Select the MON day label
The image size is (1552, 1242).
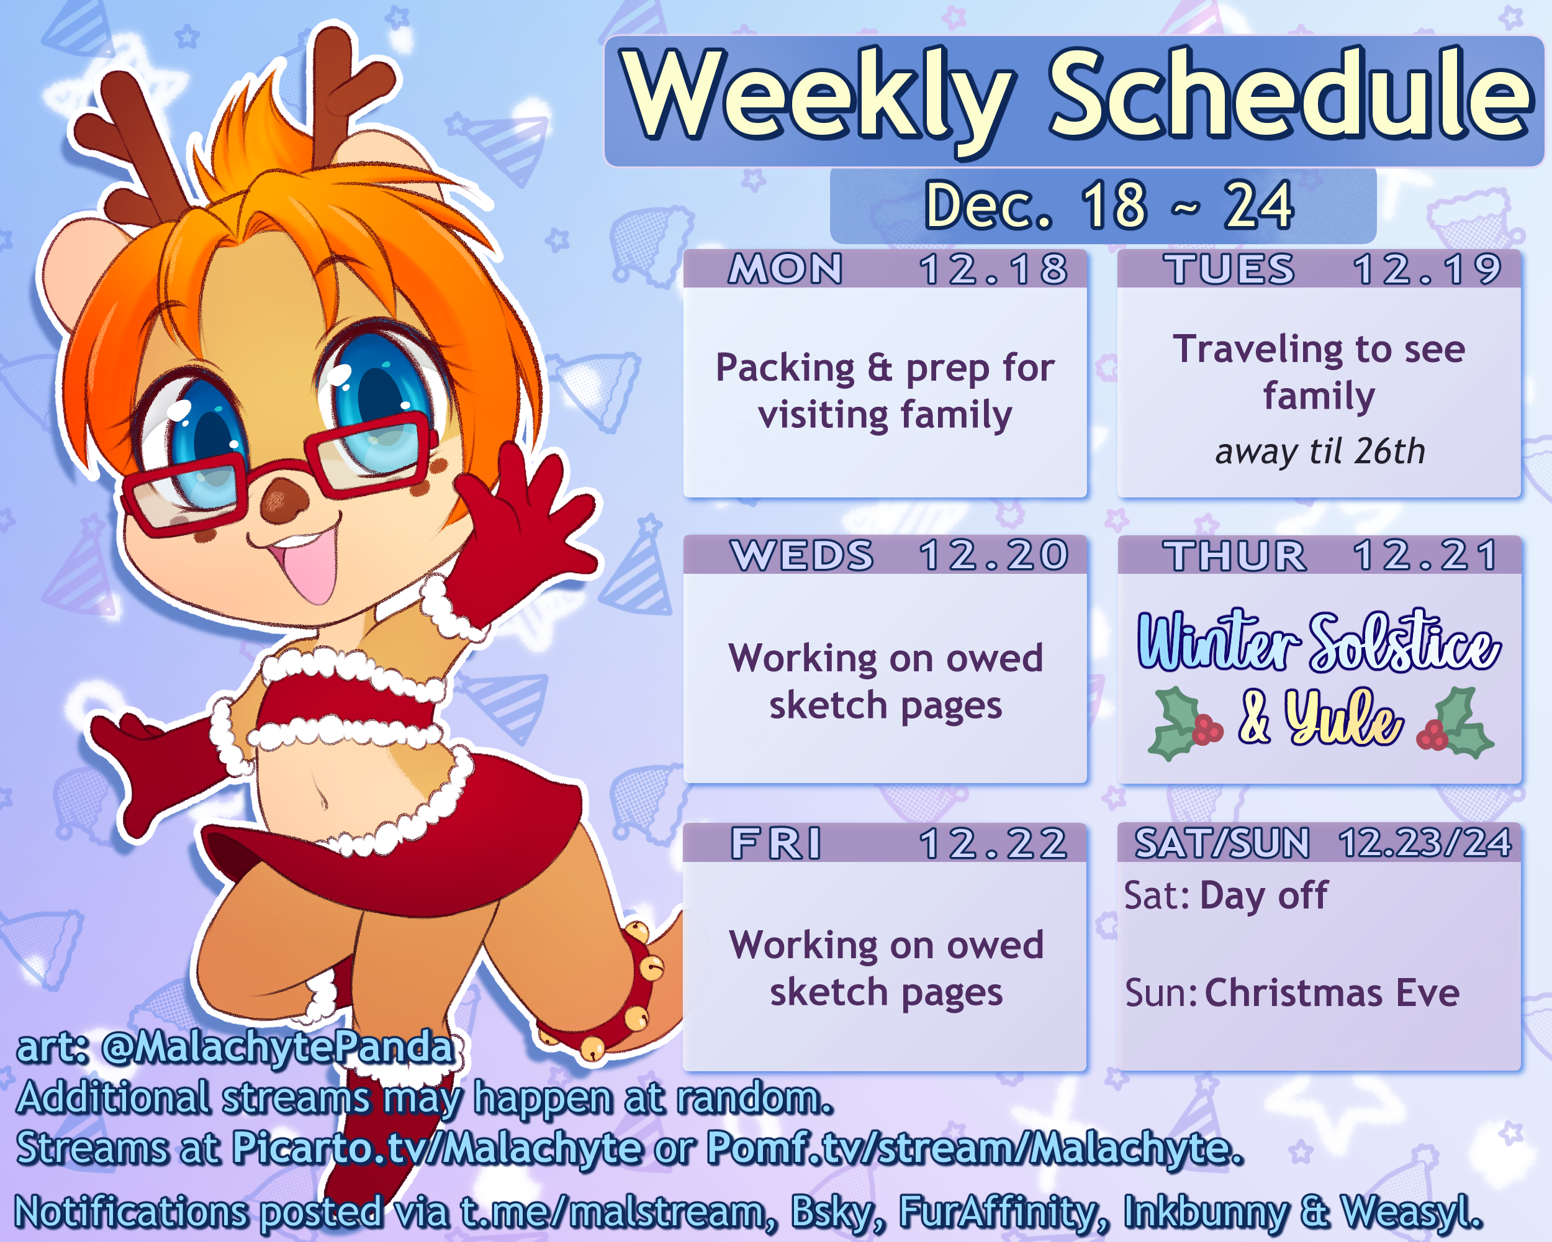[x=785, y=270]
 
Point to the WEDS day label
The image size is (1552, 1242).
[x=802, y=555]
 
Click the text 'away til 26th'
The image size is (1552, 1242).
[x=1319, y=451]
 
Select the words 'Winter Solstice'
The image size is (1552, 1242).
[x=1319, y=640]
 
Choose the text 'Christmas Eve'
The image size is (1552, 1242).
[x=1332, y=993]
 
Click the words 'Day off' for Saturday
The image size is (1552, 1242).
[x=1263, y=896]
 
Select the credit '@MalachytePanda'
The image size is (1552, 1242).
[x=279, y=1048]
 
